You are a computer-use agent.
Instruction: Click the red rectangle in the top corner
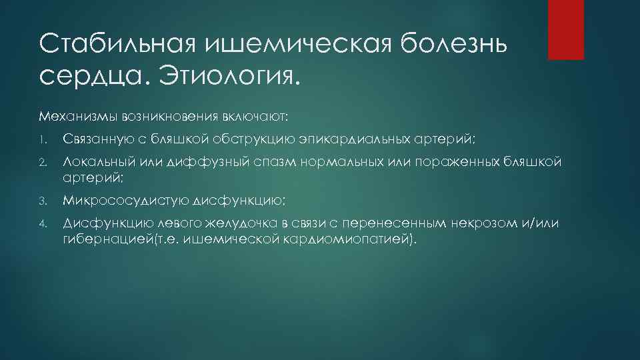pos(565,29)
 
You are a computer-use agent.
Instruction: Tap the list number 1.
pos(41,139)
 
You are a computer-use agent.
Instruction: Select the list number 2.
pos(41,161)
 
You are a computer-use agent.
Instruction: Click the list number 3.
pos(41,199)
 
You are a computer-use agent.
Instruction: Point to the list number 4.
pos(41,222)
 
